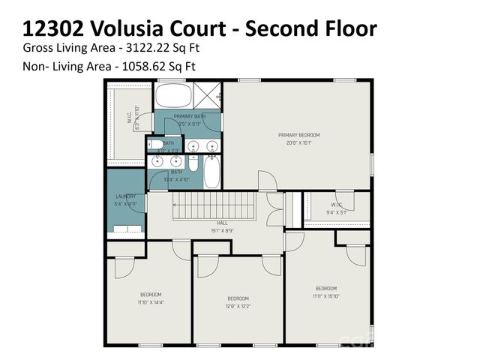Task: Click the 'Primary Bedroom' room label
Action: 298,135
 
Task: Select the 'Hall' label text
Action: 222,223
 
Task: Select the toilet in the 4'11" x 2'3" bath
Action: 154,144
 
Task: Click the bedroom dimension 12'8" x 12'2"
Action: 238,306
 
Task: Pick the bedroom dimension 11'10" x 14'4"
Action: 150,302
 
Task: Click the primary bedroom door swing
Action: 267,181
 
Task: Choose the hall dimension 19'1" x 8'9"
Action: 222,231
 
